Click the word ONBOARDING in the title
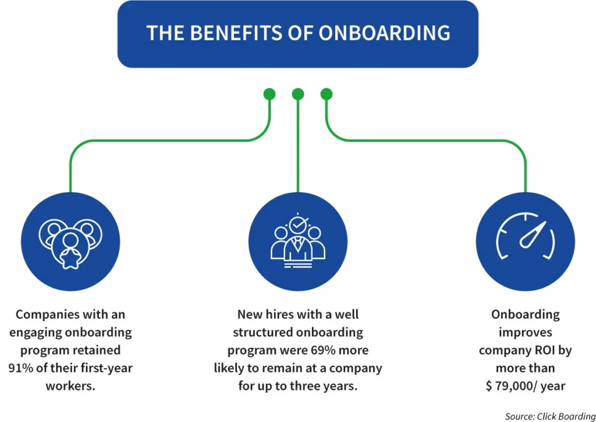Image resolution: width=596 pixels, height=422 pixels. tap(385, 33)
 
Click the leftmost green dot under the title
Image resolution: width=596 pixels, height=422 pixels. tap(269, 94)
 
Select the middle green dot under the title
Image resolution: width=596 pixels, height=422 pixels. tap(298, 94)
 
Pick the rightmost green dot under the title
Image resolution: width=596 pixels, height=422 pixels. tap(327, 94)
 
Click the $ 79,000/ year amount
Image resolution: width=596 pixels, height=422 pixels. tap(526, 386)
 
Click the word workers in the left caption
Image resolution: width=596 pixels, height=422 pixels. tap(70, 386)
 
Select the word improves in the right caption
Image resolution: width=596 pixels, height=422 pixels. tap(526, 332)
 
